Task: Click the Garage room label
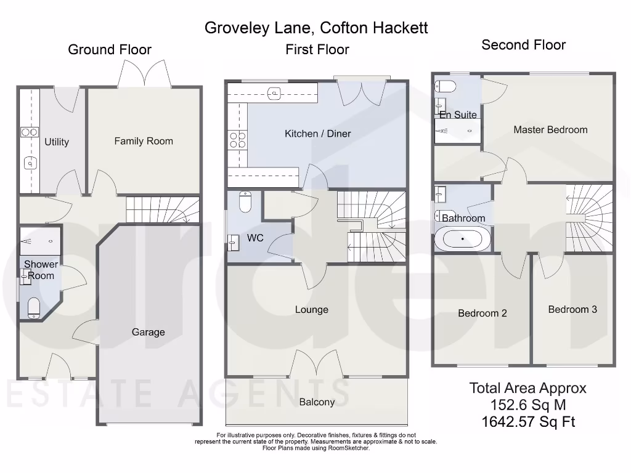148,332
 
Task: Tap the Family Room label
144,141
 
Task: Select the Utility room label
57,142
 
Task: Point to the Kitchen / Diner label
317,134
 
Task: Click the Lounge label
311,310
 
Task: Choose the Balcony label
317,402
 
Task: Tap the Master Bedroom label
550,130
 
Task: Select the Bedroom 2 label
482,313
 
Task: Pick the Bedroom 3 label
572,309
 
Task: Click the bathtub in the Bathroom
463,239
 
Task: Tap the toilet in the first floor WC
245,201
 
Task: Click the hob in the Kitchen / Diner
237,141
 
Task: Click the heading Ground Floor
110,50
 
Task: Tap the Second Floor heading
523,45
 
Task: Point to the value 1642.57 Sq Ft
528,422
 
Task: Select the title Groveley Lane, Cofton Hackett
316,28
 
